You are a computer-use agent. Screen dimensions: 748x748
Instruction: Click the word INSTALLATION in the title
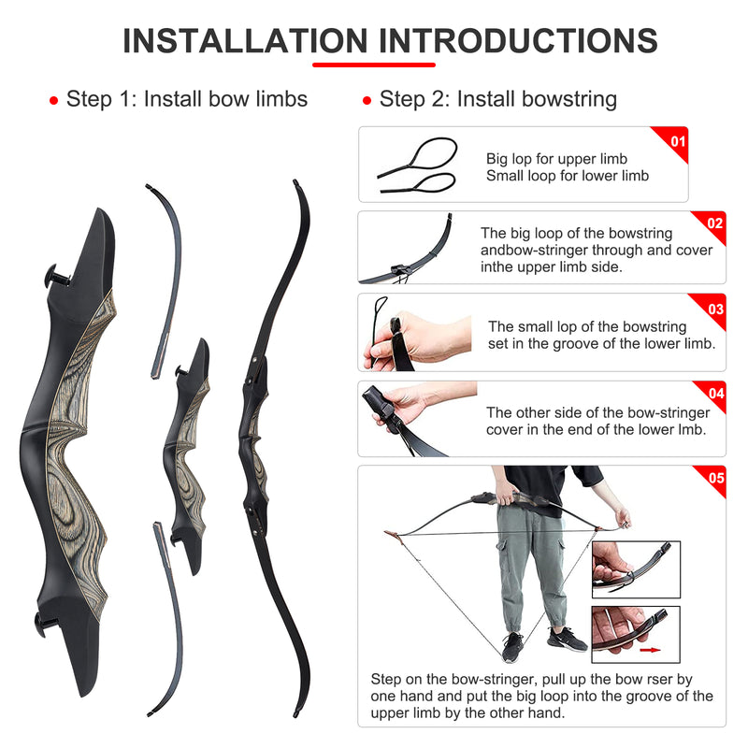245,40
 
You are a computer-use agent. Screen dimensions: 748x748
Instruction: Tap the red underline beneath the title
373,65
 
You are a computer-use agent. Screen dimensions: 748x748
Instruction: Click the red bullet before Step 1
54,100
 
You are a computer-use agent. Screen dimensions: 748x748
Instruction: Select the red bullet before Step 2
367,100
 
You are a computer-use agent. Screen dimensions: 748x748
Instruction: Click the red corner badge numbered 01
673,140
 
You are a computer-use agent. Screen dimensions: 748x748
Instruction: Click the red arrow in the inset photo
650,650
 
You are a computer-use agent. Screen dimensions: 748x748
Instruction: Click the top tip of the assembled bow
295,182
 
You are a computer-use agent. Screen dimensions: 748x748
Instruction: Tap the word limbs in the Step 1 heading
281,99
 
